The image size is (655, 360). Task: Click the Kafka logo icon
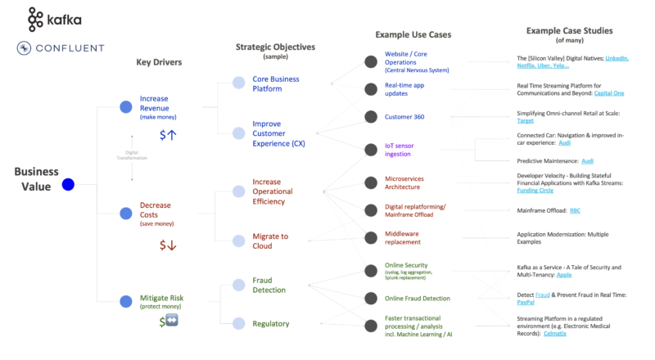[35, 18]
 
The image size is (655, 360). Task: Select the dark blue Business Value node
[69, 184]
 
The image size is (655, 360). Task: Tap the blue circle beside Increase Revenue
[125, 106]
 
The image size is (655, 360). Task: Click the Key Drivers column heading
[159, 62]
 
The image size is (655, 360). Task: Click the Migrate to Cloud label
[270, 241]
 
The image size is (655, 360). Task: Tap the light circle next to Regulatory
[238, 324]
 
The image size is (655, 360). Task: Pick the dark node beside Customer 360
[371, 117]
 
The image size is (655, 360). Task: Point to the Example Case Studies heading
[570, 31]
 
